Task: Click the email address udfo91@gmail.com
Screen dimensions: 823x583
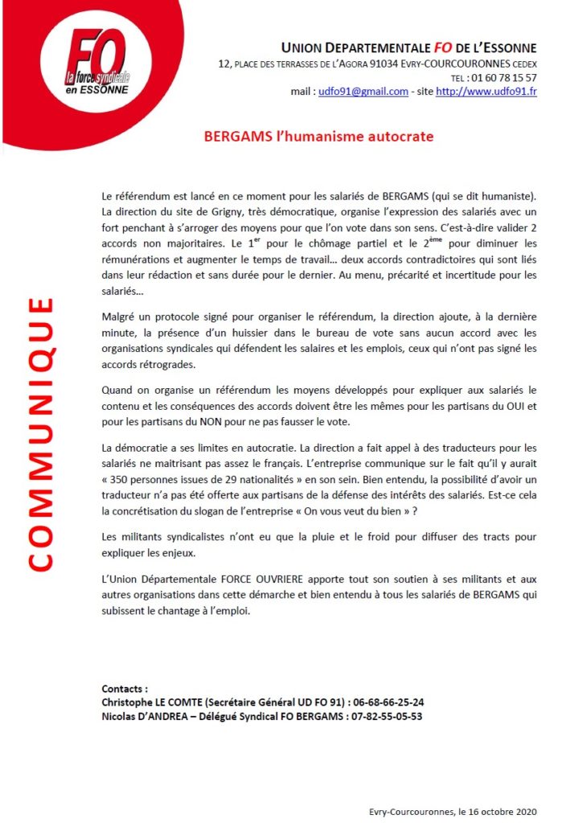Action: pos(363,92)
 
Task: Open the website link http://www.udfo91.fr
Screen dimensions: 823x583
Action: pos(486,92)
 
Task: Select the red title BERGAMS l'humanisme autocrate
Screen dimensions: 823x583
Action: pos(318,137)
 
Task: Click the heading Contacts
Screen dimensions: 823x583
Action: pos(125,689)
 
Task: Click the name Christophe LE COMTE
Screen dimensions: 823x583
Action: pos(152,702)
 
